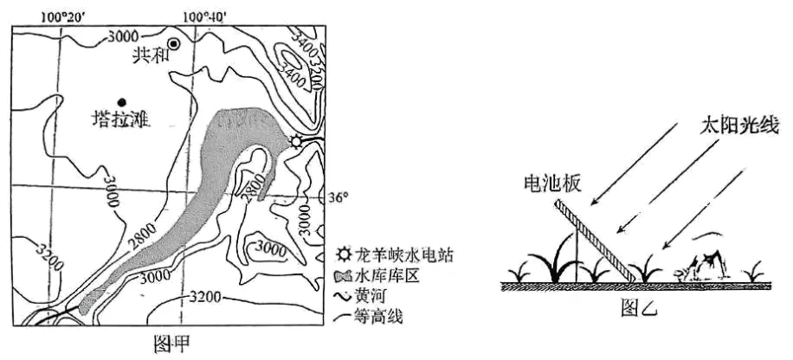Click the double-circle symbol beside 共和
pos(174,43)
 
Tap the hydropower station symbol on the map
pos(298,142)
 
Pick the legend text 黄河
pos(373,296)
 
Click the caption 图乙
pos(639,308)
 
